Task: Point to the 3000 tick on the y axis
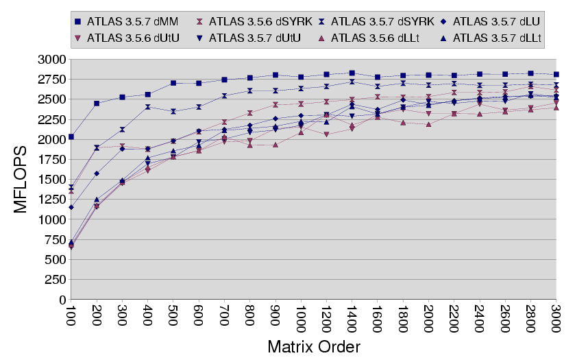[56, 60]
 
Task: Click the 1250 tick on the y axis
[56, 200]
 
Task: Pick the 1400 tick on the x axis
[352, 316]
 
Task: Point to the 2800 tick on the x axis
[530, 316]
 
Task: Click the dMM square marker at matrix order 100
[71, 137]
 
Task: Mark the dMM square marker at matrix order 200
[97, 104]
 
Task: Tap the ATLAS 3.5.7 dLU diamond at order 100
[71, 207]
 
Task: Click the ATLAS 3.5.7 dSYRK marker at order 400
[148, 107]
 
